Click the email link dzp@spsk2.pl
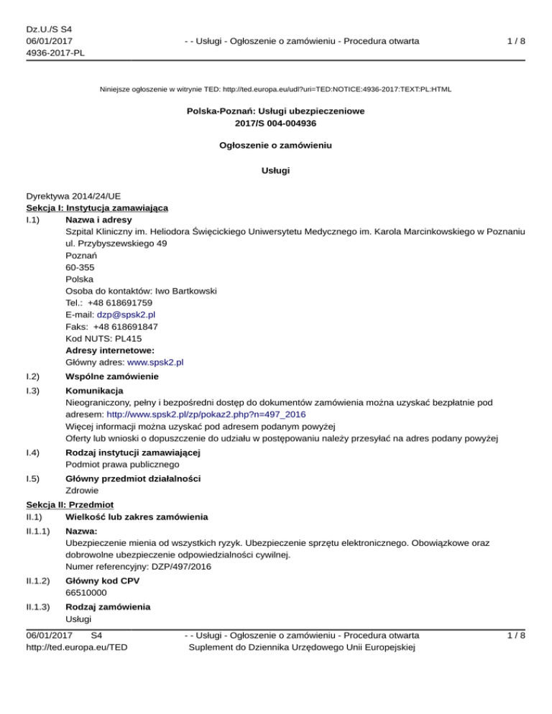(x=126, y=314)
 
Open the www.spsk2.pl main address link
(x=155, y=363)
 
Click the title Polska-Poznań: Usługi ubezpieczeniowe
(x=276, y=111)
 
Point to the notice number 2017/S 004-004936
(x=276, y=123)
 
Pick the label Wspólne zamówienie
(x=111, y=376)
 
